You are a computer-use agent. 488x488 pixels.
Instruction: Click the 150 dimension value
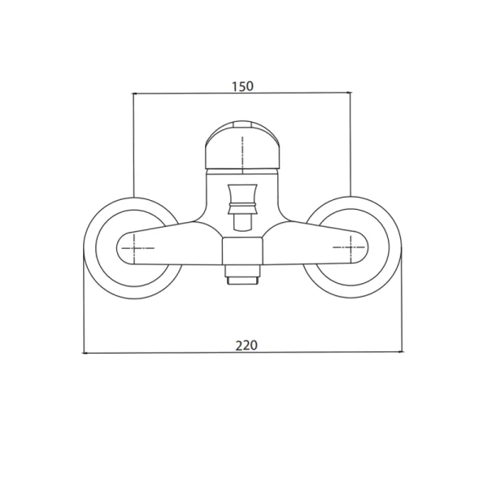242,86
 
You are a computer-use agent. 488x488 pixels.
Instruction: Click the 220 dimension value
246,346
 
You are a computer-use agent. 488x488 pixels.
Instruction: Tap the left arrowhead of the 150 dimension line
134,93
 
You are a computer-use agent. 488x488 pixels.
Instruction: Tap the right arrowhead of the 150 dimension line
349,92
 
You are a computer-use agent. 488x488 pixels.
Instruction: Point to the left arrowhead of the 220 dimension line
84,353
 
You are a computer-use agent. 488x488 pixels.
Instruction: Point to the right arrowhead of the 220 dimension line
402,351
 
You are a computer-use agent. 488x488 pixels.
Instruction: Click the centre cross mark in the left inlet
134,248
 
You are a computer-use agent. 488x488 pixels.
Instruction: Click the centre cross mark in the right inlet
351,247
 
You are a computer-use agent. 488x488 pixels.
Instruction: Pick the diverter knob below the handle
242,199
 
